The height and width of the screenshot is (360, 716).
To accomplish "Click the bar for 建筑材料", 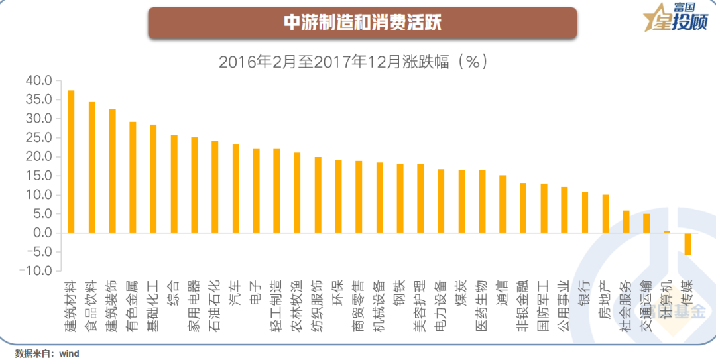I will [71, 162].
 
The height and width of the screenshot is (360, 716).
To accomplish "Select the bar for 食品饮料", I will [91, 167].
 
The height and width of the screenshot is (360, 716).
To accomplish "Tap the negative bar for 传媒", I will [687, 244].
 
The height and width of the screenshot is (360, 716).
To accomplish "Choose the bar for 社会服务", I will [626, 221].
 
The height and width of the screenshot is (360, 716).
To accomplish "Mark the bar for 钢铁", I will [400, 198].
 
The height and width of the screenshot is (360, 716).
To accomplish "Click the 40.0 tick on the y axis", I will [38, 80].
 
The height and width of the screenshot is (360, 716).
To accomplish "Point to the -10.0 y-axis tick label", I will [36, 271].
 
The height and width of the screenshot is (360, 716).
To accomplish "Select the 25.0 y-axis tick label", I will [38, 137].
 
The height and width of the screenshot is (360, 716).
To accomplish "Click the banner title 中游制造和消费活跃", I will [362, 23].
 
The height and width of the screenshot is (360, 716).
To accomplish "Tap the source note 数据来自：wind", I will [47, 353].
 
